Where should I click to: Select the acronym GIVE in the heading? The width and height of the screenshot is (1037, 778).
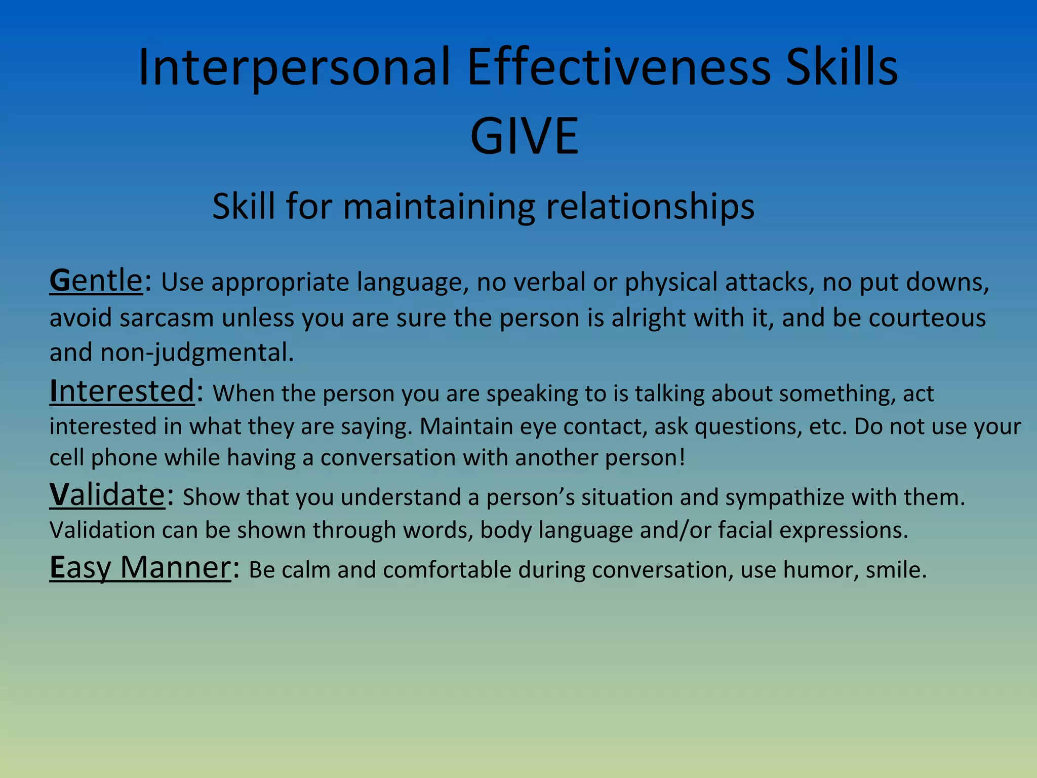pyautogui.click(x=524, y=136)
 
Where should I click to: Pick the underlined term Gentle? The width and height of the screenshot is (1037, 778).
pyautogui.click(x=96, y=281)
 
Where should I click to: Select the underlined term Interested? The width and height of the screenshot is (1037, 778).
pyautogui.click(x=122, y=392)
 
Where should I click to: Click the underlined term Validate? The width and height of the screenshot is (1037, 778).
pyautogui.click(x=107, y=495)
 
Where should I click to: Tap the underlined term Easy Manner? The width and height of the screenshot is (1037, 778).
pyautogui.click(x=140, y=568)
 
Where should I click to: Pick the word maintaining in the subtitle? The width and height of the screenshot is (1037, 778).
pyautogui.click(x=438, y=207)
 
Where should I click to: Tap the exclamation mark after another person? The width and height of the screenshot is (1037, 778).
pyautogui.click(x=682, y=457)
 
